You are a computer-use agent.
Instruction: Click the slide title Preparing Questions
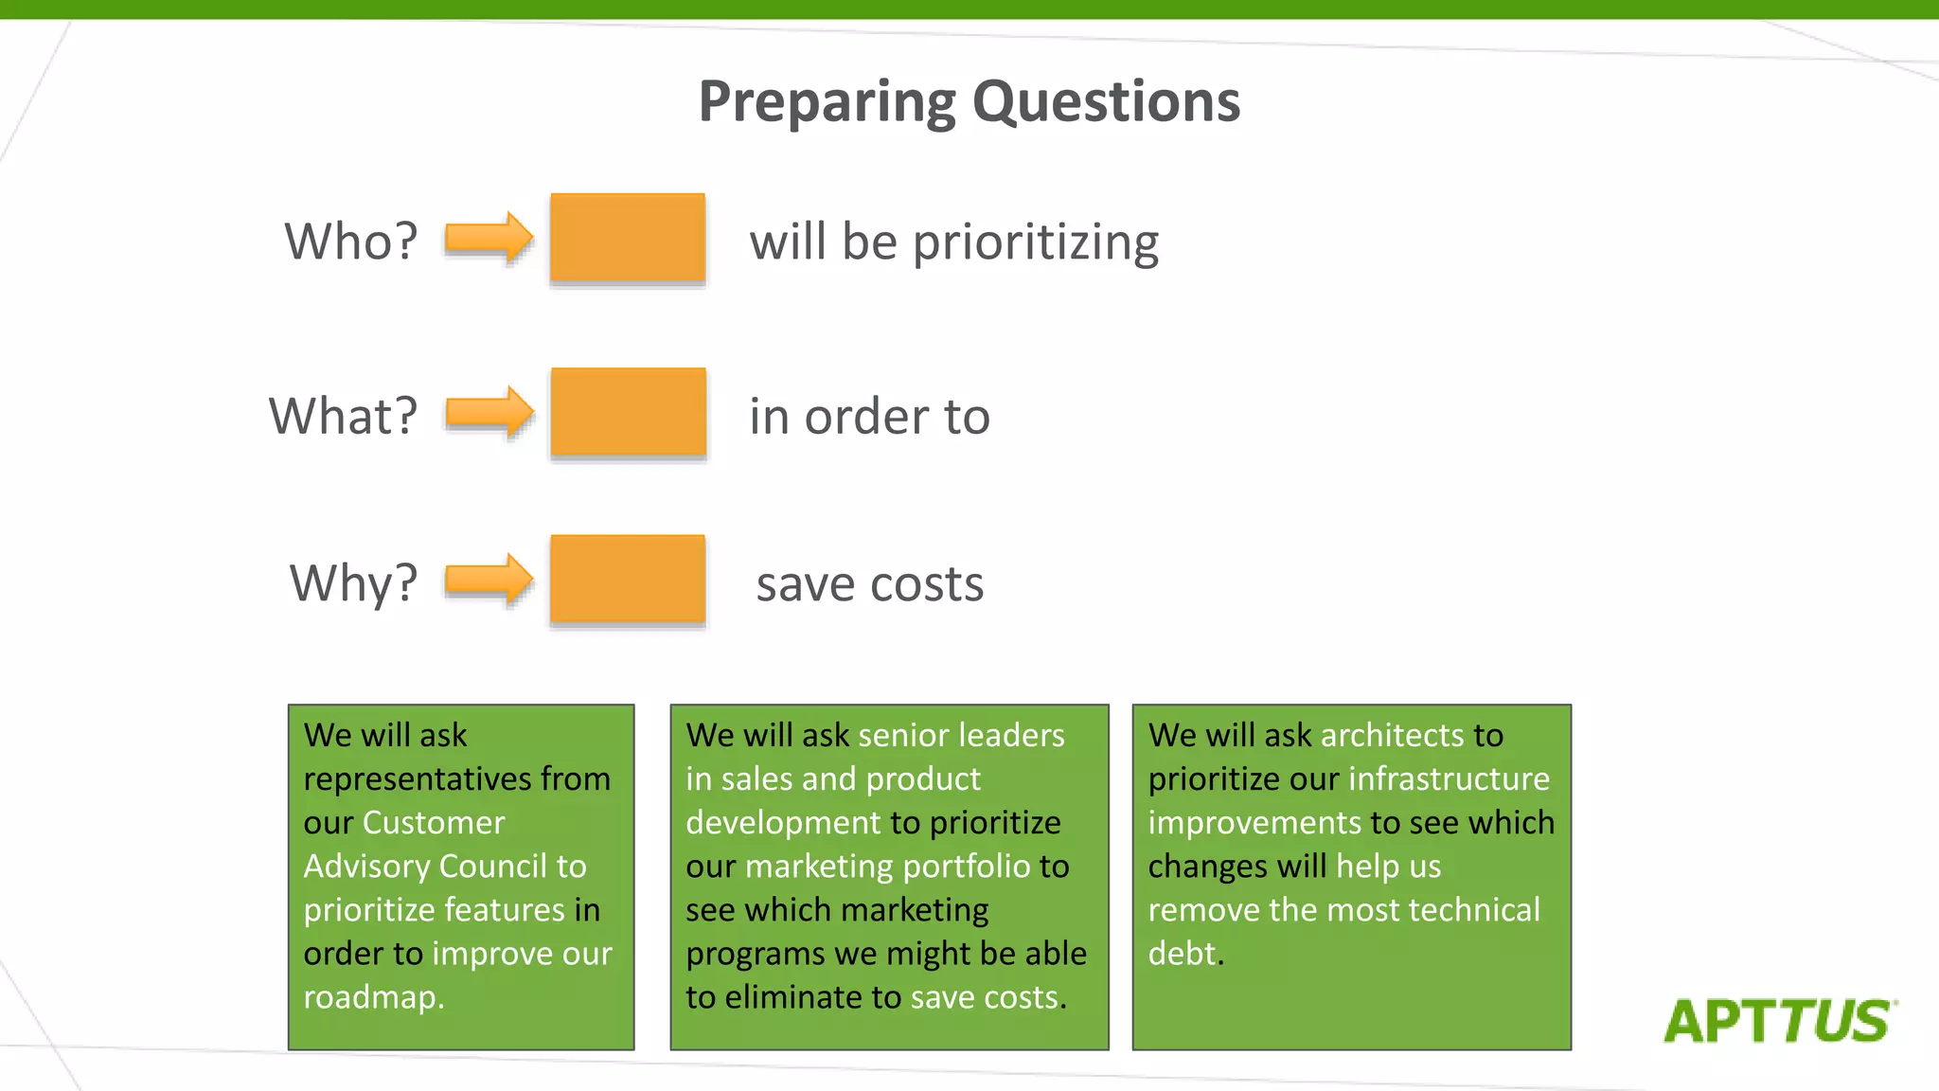click(969, 101)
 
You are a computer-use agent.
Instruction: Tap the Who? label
click(351, 241)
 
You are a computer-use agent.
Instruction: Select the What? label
click(343, 416)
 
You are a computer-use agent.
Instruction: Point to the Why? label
click(353, 582)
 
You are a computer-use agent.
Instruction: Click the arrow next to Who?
click(489, 238)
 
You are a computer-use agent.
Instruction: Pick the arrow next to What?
click(489, 412)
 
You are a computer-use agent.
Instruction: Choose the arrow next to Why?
click(489, 579)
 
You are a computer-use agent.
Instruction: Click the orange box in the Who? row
click(628, 238)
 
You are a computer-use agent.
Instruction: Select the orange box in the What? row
click(628, 412)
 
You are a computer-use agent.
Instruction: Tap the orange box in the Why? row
click(628, 579)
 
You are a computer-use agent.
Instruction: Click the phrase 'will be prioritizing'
click(953, 242)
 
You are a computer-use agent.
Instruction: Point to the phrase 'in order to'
click(869, 417)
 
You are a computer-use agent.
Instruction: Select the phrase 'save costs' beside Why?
click(869, 583)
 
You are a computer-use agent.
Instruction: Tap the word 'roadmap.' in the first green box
click(374, 997)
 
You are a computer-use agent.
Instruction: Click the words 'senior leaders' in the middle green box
click(961, 736)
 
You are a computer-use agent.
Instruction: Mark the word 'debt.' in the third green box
click(1185, 954)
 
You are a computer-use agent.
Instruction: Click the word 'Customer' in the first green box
click(434, 823)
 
